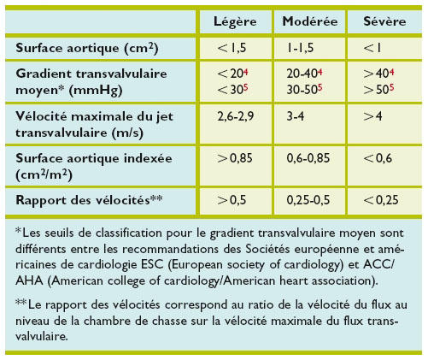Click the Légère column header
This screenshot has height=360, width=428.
232,20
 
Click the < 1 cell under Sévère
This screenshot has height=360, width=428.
370,48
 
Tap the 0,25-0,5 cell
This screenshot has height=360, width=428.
308,200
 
